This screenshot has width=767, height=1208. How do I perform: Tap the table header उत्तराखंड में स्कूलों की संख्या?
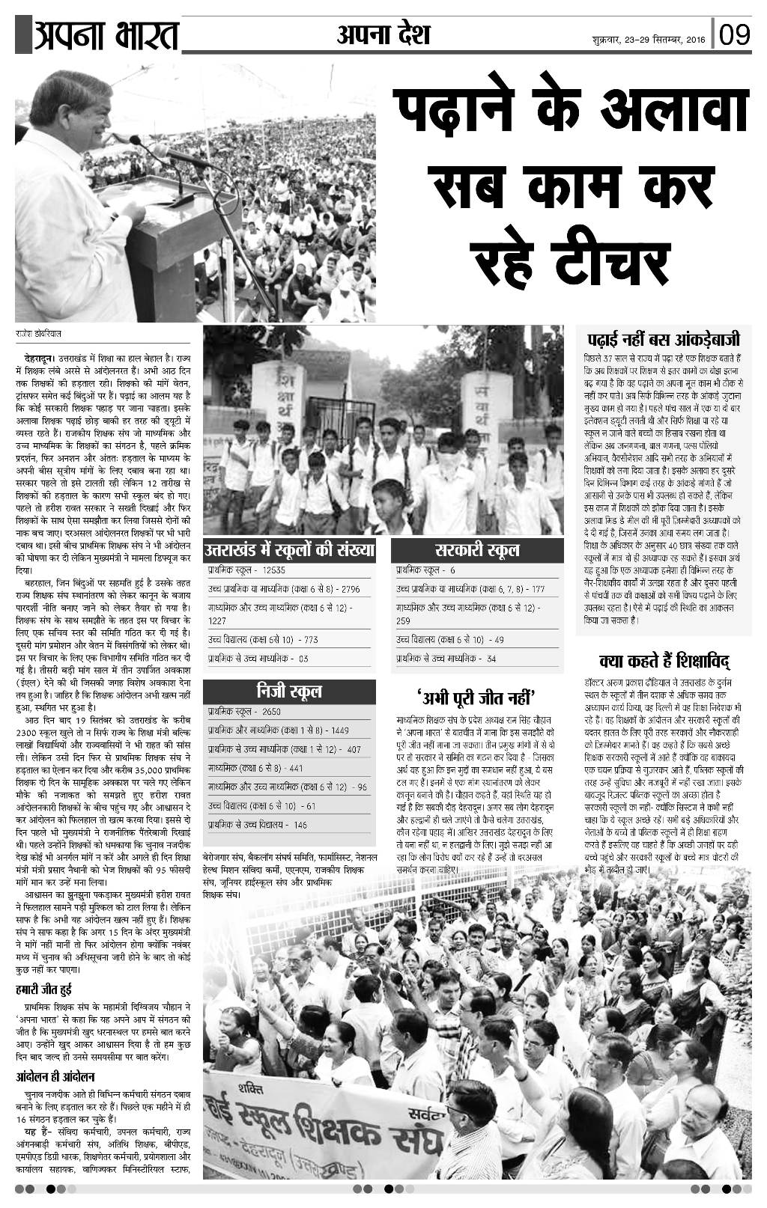pos(289,552)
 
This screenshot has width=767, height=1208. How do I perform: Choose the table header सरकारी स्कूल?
pos(478,552)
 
